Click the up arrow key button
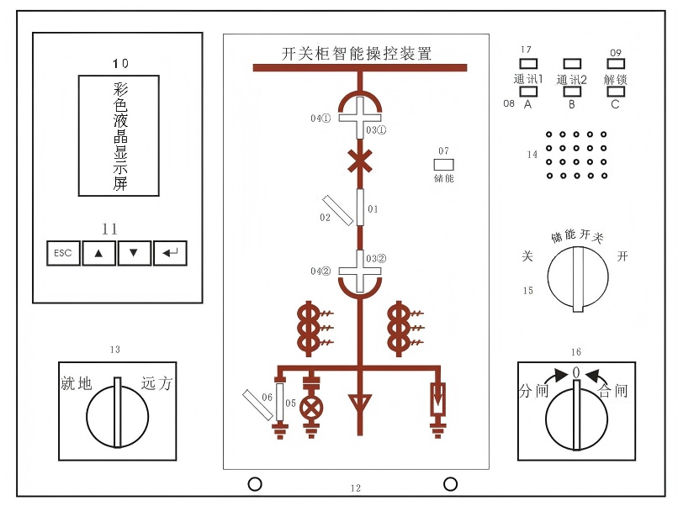click(98, 253)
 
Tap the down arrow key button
click(134, 253)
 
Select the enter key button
click(170, 253)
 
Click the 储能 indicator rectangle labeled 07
click(443, 165)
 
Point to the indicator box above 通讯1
click(528, 64)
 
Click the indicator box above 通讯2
click(572, 64)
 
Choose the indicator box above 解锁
click(616, 64)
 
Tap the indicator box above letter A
click(528, 91)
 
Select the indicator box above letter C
click(616, 91)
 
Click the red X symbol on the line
click(360, 161)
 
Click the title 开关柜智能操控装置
click(356, 54)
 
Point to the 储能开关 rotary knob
click(577, 279)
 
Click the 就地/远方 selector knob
click(118, 412)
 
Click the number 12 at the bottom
click(355, 488)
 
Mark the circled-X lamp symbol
click(312, 408)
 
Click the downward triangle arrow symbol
click(360, 404)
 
